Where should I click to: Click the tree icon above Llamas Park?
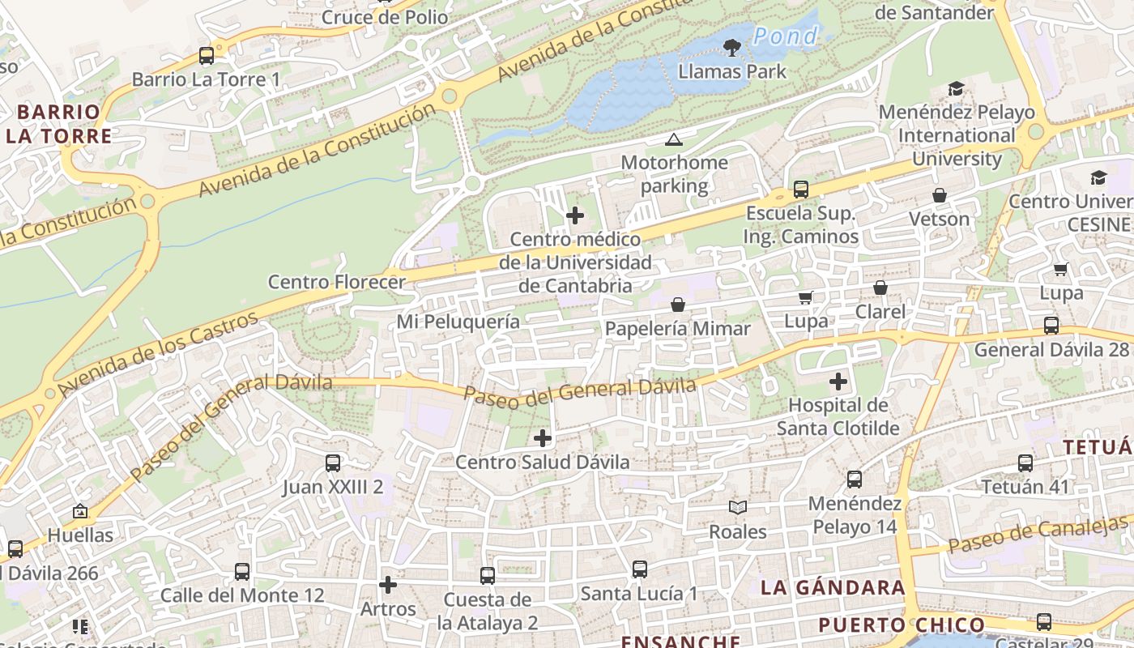731,48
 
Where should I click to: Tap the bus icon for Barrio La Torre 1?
207,56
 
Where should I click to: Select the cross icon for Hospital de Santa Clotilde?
838,381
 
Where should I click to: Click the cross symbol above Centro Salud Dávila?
543,438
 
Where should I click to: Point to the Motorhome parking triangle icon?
673,140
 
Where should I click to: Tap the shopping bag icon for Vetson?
940,195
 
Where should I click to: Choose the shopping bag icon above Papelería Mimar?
678,305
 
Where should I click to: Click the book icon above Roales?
737,508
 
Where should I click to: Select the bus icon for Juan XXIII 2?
333,463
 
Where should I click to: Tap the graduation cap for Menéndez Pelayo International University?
957,88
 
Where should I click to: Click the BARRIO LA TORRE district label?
58,124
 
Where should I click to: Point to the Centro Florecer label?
336,282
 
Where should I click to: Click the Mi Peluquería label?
458,322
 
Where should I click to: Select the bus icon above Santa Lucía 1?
640,569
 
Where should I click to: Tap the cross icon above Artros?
388,584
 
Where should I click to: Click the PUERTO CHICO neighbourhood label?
901,625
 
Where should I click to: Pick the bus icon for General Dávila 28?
1051,326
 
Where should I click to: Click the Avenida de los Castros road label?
158,354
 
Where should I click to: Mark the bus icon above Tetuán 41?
1025,463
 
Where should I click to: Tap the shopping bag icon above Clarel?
880,288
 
